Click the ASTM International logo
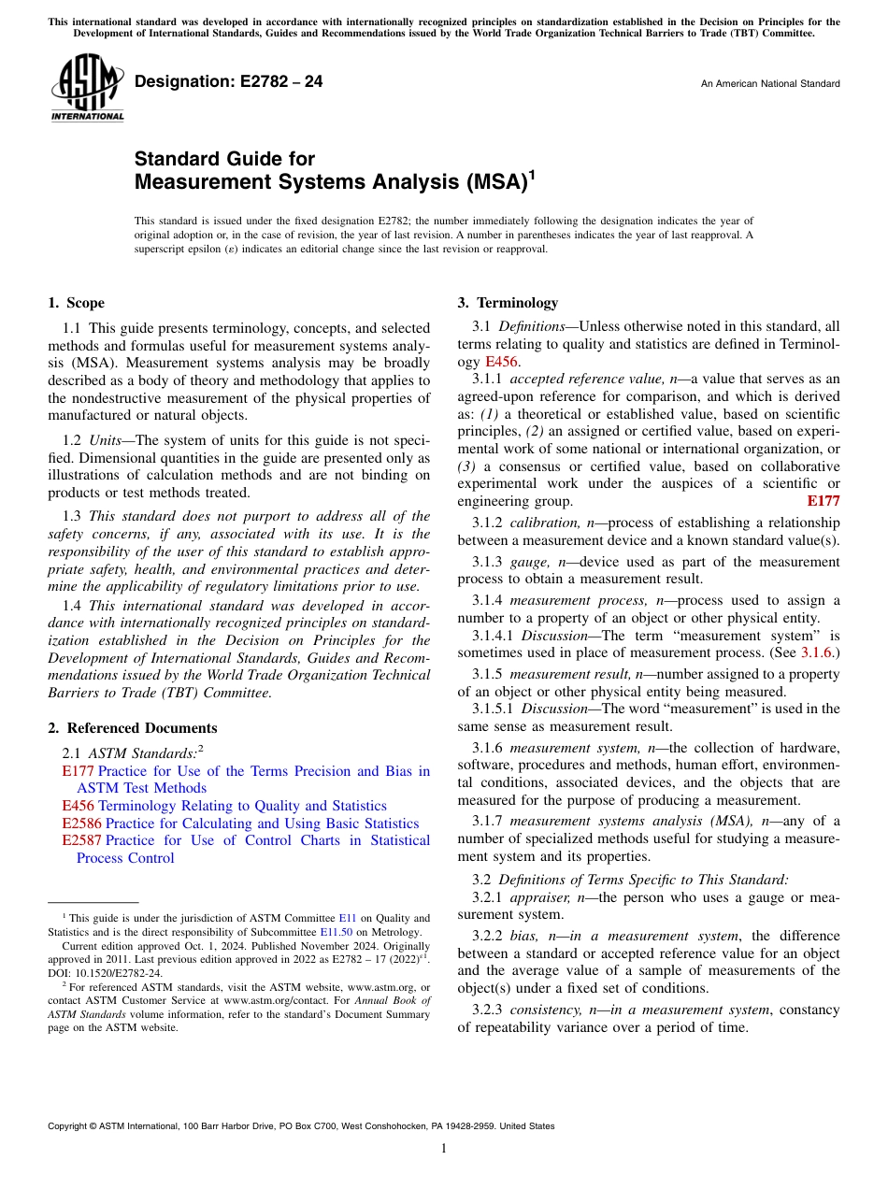pos(87,88)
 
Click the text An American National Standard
pos(769,84)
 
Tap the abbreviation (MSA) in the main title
pos(496,181)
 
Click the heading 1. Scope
pos(76,303)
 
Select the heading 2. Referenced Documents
pos(132,728)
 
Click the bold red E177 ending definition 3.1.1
pos(823,500)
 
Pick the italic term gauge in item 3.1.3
pos(527,562)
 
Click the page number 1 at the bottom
pos(444,1149)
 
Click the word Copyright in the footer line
pos(70,1126)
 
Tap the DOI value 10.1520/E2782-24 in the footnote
pos(123,972)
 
